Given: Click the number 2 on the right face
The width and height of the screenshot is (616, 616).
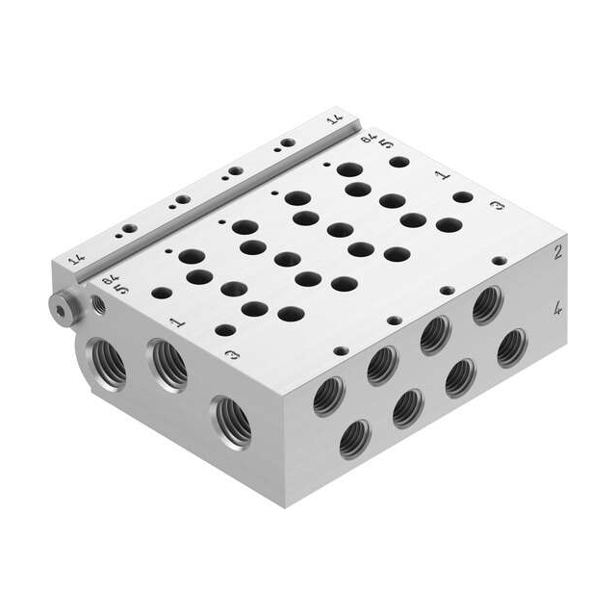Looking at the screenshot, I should coord(557,253).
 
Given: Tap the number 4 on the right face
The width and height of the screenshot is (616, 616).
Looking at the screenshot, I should coord(557,310).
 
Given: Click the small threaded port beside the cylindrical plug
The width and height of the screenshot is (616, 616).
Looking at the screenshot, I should coord(98,305).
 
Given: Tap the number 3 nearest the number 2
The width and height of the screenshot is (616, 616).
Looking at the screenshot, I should coord(497,207).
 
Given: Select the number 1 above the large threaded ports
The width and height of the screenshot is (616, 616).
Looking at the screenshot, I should coord(175,322).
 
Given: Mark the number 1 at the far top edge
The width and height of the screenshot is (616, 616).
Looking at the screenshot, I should coord(440,176).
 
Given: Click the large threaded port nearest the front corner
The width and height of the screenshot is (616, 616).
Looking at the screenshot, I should coord(232,421).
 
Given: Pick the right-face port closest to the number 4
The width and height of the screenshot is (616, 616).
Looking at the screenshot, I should coord(512,347).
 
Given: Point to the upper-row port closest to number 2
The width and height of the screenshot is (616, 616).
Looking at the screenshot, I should coord(488,305).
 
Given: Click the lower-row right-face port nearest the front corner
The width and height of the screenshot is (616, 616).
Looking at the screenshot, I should coord(355,439).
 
